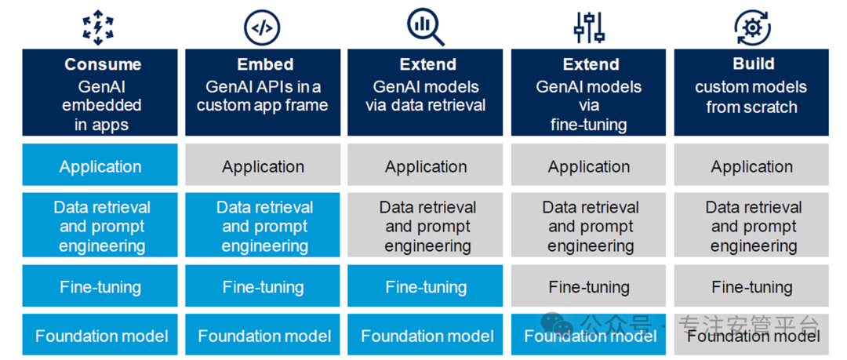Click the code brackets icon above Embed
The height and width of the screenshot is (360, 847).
click(263, 27)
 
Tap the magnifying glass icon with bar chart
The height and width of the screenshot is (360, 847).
click(426, 27)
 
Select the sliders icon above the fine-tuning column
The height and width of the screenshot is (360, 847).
click(589, 27)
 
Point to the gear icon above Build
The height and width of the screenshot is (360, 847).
click(751, 27)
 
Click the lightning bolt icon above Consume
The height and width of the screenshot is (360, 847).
click(98, 27)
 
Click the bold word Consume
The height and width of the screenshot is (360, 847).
click(103, 64)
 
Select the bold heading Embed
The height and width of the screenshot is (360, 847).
click(265, 64)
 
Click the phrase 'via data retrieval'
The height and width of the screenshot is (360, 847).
click(426, 105)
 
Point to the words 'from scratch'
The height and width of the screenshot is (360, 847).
click(751, 107)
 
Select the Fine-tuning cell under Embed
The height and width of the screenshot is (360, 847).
click(263, 286)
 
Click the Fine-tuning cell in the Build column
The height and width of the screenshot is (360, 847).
click(751, 286)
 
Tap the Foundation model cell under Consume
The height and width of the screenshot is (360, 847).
click(100, 335)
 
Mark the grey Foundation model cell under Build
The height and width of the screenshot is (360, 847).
click(751, 335)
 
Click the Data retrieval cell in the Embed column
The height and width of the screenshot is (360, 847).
click(263, 225)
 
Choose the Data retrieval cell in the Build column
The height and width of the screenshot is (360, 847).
click(751, 225)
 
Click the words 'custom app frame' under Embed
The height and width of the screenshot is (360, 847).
click(262, 104)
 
